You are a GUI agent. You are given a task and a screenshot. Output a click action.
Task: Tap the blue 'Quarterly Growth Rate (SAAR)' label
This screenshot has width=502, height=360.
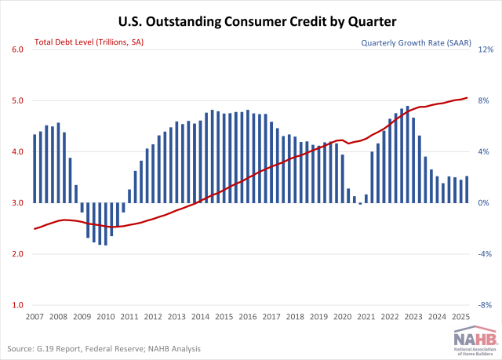415,44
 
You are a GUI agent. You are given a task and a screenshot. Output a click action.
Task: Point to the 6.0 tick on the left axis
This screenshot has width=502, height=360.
16,49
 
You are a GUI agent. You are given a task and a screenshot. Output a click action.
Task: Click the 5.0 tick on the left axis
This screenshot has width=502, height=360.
16,100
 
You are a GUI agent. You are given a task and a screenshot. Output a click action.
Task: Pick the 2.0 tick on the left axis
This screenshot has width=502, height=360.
16,254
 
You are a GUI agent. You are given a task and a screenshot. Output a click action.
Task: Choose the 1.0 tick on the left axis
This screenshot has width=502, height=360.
16,305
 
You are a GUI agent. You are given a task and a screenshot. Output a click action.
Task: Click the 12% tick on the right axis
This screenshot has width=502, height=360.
486,49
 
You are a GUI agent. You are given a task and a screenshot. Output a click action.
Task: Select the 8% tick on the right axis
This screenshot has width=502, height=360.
486,100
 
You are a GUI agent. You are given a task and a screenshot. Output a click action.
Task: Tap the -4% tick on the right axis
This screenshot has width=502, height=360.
486,254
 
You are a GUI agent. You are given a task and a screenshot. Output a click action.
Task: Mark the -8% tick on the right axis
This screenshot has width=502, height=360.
486,305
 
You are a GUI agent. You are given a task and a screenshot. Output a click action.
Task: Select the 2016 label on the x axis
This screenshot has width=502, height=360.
248,317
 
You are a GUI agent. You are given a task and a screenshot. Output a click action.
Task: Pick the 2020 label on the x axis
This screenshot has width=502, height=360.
343,317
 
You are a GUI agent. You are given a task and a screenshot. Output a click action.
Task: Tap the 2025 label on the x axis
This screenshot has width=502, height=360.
460,317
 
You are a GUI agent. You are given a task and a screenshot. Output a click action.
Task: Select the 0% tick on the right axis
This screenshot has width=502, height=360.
486,203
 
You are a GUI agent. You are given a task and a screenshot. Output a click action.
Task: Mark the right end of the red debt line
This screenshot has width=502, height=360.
467,98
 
